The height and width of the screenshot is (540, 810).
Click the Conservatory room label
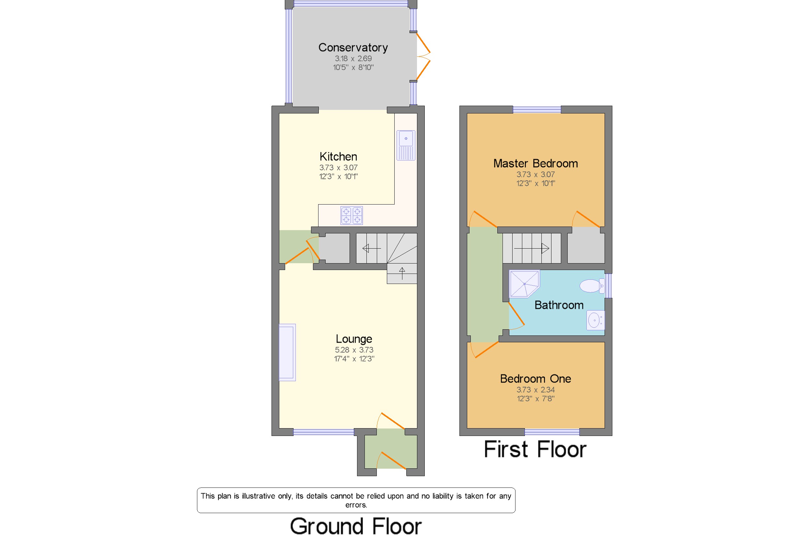coord(353,48)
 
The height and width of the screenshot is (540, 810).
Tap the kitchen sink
coord(406,145)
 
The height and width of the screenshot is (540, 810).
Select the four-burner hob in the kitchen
coord(352,216)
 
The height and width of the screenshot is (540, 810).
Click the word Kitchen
coord(338,157)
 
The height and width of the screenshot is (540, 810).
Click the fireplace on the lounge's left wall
coord(287,352)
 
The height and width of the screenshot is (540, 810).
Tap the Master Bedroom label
coord(535,163)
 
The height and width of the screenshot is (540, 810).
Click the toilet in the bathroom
coord(592,286)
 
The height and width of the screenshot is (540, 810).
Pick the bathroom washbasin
coord(596,320)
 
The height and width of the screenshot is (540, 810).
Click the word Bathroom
coord(559,305)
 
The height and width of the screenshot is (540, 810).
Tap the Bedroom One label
coord(535,379)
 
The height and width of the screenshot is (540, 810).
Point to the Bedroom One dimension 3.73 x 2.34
coord(535,390)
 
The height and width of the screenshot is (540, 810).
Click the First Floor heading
coord(535,450)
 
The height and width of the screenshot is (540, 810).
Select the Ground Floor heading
coord(356,526)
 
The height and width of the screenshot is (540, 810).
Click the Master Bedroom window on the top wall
coord(537,110)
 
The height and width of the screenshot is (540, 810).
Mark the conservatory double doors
coord(423,56)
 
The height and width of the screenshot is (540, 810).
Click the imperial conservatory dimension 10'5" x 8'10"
coord(353,67)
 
